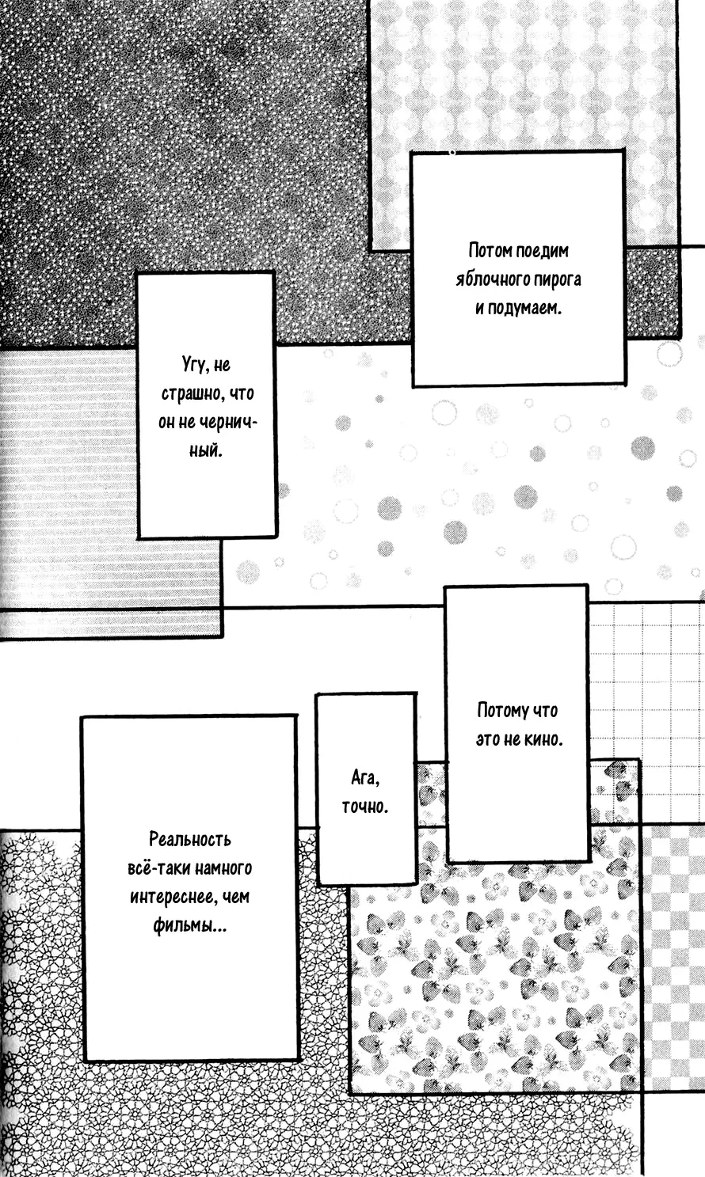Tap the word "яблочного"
click(x=490, y=279)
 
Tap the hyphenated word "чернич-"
click(x=229, y=422)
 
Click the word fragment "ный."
click(x=206, y=450)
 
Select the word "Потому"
click(x=503, y=711)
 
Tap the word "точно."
click(x=365, y=806)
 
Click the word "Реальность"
click(x=190, y=839)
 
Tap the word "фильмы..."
click(x=190, y=925)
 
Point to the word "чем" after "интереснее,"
click(x=236, y=897)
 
